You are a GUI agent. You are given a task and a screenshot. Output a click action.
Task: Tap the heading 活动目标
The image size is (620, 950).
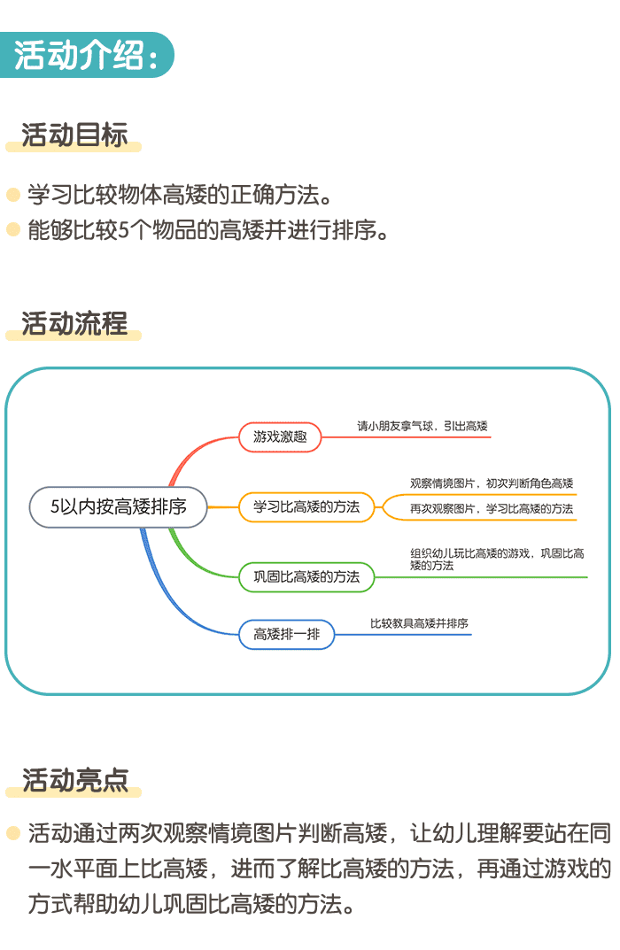[74, 135]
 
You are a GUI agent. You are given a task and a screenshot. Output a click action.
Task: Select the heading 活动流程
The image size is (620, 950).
[74, 323]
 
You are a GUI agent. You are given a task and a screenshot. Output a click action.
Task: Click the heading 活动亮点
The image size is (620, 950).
[74, 779]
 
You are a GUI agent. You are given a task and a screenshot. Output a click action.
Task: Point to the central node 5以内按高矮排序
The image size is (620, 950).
[119, 507]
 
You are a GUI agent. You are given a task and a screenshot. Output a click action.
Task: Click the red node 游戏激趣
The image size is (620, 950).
[280, 436]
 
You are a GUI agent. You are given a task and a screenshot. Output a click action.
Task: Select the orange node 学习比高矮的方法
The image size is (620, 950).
[306, 507]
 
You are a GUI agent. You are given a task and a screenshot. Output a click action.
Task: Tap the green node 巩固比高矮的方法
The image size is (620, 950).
[306, 577]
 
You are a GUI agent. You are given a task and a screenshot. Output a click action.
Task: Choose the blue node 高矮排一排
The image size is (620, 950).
[287, 634]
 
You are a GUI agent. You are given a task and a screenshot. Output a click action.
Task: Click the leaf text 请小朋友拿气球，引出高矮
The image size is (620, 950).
[422, 426]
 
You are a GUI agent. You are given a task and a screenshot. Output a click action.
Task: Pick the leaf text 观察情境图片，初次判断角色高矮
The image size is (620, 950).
[492, 483]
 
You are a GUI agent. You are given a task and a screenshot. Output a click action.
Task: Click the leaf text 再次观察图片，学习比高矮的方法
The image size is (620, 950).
[492, 508]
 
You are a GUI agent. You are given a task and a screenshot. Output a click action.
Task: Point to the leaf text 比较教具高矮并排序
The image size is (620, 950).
[419, 623]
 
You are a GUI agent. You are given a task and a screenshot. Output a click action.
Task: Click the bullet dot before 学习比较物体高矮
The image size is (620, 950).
[12, 194]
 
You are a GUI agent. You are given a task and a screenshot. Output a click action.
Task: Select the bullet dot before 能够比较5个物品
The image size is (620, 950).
[12, 230]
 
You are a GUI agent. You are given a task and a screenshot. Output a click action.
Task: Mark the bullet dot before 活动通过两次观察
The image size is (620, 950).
[12, 832]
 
